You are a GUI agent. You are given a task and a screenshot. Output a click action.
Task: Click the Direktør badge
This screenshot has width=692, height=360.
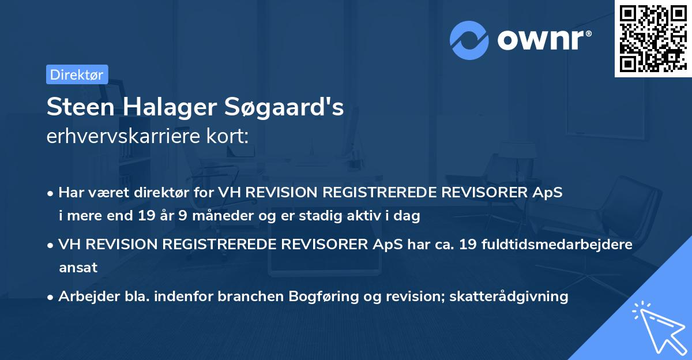point(77,74)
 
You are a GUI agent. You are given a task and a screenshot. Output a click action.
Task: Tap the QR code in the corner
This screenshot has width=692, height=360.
point(653,39)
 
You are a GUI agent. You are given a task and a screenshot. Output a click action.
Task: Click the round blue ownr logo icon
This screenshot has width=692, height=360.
point(469,40)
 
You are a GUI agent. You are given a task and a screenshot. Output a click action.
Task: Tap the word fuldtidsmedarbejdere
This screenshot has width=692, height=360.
point(562,244)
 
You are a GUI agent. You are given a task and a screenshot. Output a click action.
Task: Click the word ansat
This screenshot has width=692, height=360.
point(78,268)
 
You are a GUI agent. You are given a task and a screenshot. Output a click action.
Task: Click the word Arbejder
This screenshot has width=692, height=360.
point(85,297)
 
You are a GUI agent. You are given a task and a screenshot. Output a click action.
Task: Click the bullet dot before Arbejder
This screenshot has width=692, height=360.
point(51,297)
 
